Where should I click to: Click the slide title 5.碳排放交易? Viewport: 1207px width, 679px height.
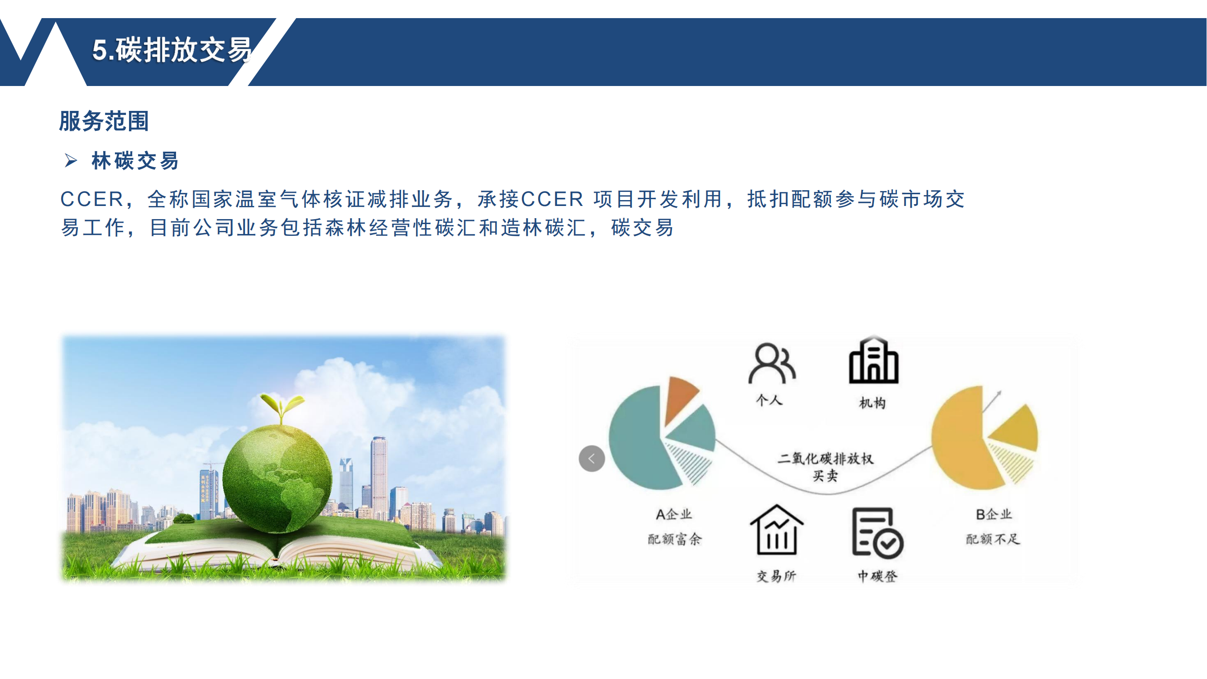point(172,50)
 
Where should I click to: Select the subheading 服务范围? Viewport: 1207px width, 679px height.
point(104,121)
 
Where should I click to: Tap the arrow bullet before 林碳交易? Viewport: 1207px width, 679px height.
point(71,161)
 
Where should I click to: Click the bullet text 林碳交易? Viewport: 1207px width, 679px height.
point(135,161)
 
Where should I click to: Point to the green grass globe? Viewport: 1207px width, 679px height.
point(277,478)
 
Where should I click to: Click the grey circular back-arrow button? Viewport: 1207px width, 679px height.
point(592,458)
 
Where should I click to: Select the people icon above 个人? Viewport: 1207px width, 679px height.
point(772,363)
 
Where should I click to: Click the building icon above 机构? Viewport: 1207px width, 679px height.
point(873,360)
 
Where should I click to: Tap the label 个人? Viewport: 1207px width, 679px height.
point(769,400)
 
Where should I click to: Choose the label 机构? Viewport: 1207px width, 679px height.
point(872,402)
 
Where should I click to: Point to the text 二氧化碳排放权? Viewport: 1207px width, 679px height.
point(825,458)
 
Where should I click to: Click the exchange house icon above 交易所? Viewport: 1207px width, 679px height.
point(777,530)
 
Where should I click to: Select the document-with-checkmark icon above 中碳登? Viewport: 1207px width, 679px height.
point(877,533)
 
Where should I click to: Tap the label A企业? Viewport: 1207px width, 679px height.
point(674,515)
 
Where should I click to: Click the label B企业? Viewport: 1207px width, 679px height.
point(994,515)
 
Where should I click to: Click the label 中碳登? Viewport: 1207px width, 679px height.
point(877,576)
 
